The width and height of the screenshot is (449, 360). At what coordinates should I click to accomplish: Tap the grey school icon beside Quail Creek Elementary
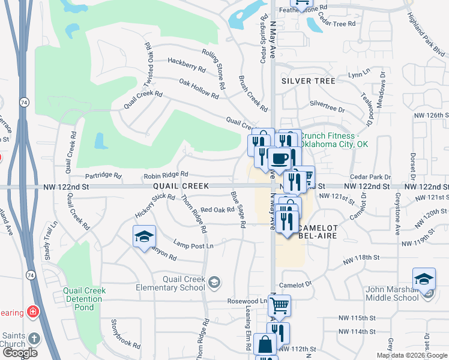pos(214,282)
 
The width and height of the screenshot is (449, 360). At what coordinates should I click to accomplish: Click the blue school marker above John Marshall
pos(424,279)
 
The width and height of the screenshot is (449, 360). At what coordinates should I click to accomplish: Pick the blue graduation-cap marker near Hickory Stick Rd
pos(144,236)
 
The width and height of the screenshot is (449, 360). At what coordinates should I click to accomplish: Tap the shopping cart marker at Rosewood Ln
pos(279,306)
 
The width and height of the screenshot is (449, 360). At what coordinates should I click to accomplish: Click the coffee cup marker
pos(279,159)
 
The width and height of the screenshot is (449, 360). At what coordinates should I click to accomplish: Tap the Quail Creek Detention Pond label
pos(84,299)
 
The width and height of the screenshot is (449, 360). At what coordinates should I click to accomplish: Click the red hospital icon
pos(32,313)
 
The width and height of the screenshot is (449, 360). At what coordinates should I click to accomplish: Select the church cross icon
pos(34,338)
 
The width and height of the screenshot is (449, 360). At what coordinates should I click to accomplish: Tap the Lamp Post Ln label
pos(193,246)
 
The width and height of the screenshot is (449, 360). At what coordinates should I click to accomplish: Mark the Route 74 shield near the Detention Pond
pos(31,275)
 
